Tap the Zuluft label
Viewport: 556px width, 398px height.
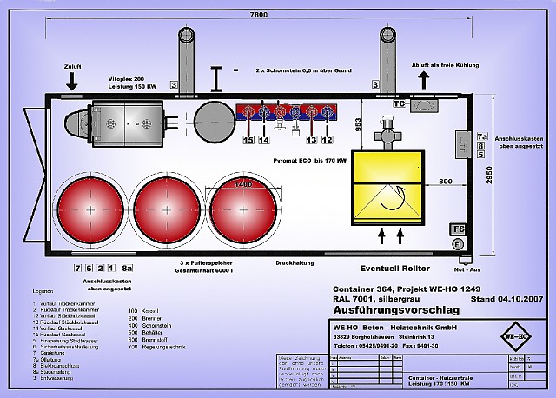[72, 65]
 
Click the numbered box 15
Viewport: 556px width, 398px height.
[248, 139]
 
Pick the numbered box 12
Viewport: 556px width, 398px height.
[328, 139]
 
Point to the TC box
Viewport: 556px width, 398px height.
[400, 104]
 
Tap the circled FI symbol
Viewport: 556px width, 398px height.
[459, 244]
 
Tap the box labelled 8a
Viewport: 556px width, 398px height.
[128, 268]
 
